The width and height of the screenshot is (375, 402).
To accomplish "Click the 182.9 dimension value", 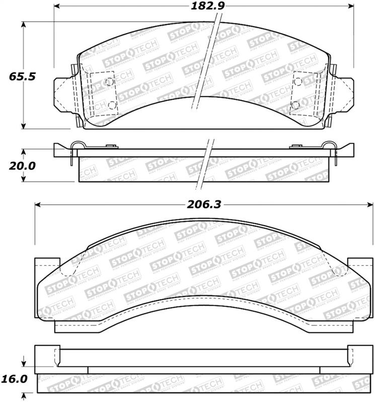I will point(204,7).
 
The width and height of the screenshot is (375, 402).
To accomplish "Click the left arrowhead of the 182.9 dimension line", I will point(56,7).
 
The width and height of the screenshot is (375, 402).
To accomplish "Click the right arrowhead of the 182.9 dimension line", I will point(352,7).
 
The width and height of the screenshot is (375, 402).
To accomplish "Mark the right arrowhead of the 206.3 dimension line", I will point(370,205).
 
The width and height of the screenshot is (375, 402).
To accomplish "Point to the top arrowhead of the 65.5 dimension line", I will point(23,25).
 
